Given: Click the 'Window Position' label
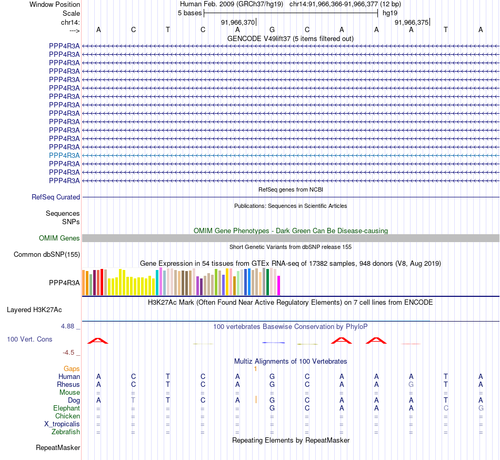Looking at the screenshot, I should pyautogui.click(x=55, y=4).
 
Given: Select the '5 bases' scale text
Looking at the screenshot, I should pyautogui.click(x=189, y=13).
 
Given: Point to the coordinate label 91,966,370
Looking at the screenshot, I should pyautogui.click(x=238, y=22).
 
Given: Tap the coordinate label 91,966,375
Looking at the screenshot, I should pyautogui.click(x=412, y=22).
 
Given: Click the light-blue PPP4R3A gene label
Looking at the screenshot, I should pyautogui.click(x=64, y=156).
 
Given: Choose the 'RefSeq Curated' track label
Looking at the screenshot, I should pyautogui.click(x=56, y=197).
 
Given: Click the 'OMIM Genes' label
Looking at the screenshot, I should pyautogui.click(x=59, y=238).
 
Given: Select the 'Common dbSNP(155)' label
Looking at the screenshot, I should pyautogui.click(x=47, y=255).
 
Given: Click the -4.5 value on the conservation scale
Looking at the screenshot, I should pyautogui.click(x=70, y=353).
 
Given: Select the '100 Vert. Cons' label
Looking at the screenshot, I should pyautogui.click(x=29, y=339).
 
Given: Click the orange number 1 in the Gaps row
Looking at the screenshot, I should pyautogui.click(x=255, y=369).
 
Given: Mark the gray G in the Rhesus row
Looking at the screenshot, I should pyautogui.click(x=411, y=385).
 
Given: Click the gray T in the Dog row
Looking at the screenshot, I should pyautogui.click(x=133, y=401).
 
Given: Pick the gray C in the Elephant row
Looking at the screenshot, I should pyautogui.click(x=446, y=408).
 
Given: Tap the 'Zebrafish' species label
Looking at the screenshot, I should pyautogui.click(x=66, y=432).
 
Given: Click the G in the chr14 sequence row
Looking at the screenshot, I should pyautogui.click(x=272, y=29).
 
